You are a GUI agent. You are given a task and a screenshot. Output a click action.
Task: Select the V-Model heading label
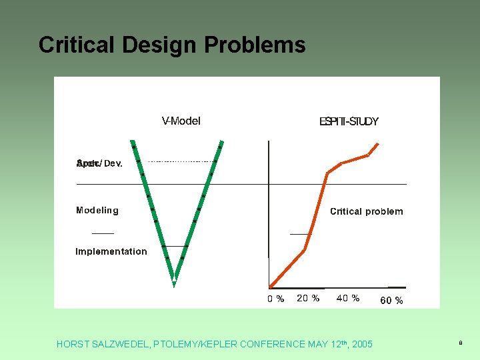(181, 121)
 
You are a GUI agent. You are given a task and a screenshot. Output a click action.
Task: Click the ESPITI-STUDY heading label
(349, 121)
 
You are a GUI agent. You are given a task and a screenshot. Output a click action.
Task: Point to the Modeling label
(97, 211)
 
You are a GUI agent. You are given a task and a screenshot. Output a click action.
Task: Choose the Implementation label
(111, 251)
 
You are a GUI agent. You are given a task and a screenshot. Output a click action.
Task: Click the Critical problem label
(366, 211)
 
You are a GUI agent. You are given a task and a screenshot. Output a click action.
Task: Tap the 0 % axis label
(275, 299)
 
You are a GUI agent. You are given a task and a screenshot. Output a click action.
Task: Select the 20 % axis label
(308, 299)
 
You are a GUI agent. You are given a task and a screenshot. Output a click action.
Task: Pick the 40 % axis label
(348, 299)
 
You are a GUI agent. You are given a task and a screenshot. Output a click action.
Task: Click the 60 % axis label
(391, 301)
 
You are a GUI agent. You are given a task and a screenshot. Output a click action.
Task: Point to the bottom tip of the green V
(174, 283)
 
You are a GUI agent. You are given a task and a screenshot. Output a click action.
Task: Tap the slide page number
(459, 343)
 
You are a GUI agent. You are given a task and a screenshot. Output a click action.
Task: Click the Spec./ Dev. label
(99, 163)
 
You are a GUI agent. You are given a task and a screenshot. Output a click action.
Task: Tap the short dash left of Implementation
(103, 234)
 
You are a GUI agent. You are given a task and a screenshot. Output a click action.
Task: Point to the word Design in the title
(159, 45)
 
